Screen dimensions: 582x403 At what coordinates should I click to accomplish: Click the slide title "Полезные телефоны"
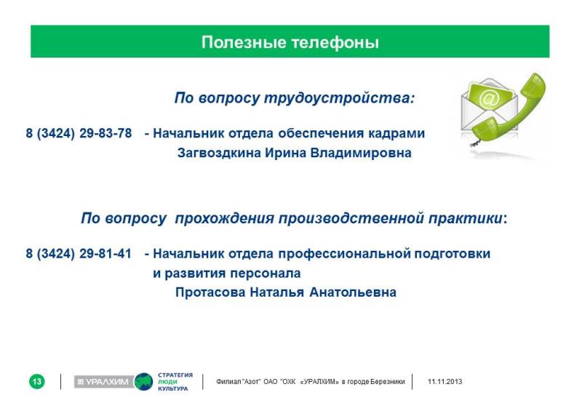(290, 42)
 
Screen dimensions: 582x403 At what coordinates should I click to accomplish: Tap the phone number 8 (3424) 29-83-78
(79, 133)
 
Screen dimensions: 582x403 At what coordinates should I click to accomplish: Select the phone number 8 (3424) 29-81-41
(79, 254)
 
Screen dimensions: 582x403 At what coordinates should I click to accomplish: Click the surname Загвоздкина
(219, 153)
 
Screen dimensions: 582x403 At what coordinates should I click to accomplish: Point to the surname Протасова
(210, 292)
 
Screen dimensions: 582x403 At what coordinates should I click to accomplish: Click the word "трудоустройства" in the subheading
(339, 98)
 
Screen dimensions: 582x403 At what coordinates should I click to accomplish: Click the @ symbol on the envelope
(489, 100)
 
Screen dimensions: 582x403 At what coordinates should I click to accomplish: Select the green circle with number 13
(37, 381)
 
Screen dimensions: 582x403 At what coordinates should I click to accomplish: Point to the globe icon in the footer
(143, 381)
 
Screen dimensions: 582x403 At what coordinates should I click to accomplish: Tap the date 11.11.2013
(445, 381)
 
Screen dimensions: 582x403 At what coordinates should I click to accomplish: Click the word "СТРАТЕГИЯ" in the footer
(175, 375)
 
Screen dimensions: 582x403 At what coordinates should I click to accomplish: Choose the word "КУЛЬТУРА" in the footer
(173, 388)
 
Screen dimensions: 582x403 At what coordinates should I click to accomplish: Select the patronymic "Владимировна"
(361, 153)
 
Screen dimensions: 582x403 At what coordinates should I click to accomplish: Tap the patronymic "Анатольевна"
(353, 292)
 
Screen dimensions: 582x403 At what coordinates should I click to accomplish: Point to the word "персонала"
(266, 274)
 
